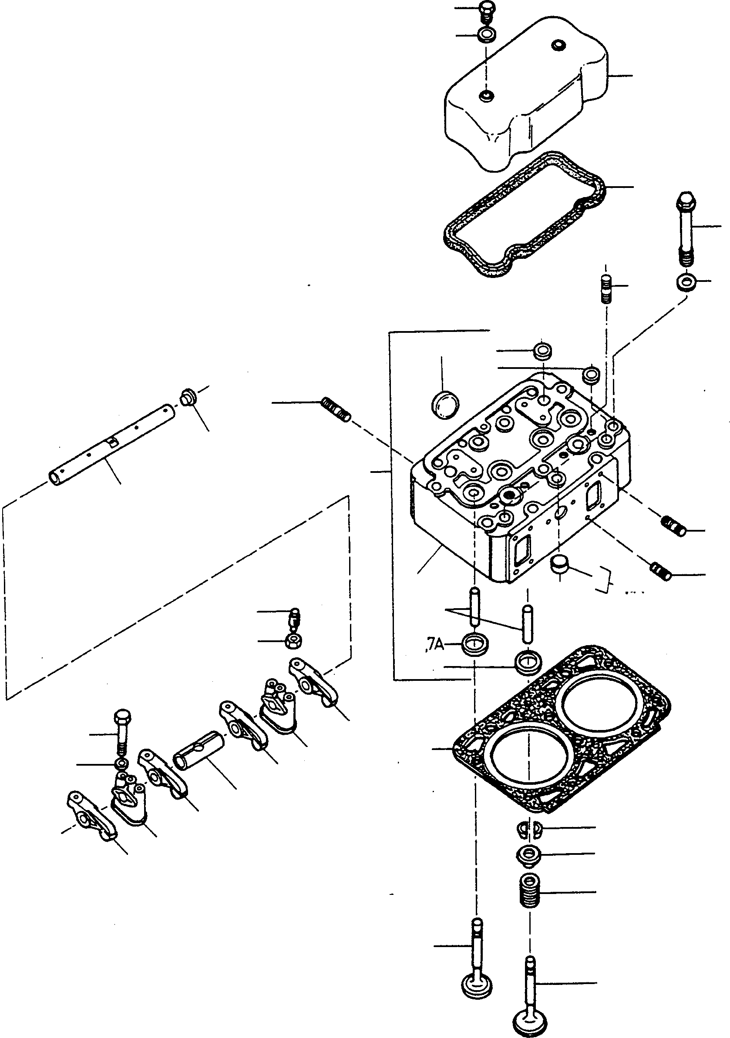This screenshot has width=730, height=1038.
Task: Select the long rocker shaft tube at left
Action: (108, 445)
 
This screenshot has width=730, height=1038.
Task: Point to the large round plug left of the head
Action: (446, 404)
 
